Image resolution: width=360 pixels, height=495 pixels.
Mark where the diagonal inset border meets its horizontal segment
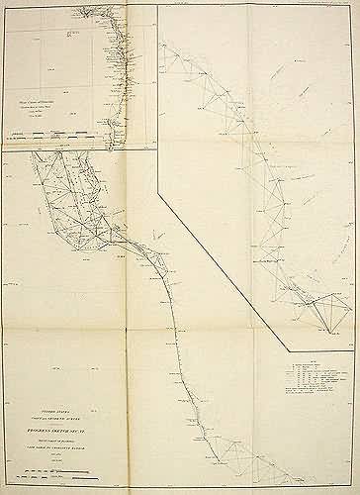tap(289, 349)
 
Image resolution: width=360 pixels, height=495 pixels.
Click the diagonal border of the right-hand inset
tap(223, 267)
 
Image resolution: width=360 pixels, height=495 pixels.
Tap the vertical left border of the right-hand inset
tap(159, 99)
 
